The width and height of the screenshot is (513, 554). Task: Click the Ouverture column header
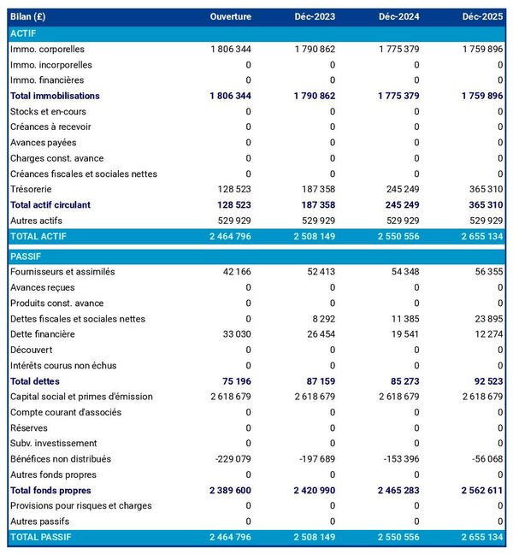[231, 17]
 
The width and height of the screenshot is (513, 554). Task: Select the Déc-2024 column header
[398, 17]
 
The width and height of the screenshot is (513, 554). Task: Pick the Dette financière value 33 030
[235, 334]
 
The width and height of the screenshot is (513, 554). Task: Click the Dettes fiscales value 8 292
[319, 319]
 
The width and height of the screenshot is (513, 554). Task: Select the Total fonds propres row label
[50, 491]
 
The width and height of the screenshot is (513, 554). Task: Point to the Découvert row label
[32, 350]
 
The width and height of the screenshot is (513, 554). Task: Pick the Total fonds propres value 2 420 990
[309, 491]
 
